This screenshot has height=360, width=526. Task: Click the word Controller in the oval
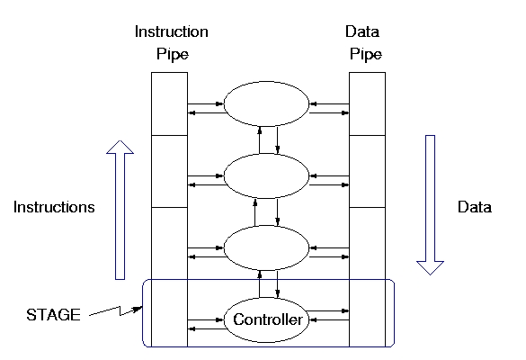tap(267, 319)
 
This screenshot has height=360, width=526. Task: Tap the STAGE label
tap(53, 315)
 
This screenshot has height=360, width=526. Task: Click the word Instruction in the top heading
tap(172, 31)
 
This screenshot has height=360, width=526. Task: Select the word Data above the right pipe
tap(362, 31)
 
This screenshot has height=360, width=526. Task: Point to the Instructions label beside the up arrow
tap(54, 207)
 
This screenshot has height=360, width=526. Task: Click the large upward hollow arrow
tap(120, 210)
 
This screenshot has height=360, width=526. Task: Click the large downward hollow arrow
tap(431, 205)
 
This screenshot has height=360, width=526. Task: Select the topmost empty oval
tap(266, 104)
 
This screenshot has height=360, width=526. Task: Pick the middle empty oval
tap(266, 176)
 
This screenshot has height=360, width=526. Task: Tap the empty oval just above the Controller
tap(266, 247)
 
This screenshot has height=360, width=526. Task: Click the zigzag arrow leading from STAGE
tap(116, 311)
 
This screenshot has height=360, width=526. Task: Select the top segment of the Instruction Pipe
tap(169, 103)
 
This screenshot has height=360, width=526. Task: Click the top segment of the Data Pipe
tap(368, 103)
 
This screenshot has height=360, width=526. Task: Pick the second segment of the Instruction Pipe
tap(169, 172)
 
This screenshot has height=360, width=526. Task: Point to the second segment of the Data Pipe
tap(368, 172)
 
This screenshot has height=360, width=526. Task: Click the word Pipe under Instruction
tap(173, 54)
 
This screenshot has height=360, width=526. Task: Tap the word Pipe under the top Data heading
tap(366, 54)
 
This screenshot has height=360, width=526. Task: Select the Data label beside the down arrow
tap(475, 207)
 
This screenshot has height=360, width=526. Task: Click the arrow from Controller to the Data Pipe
tap(327, 311)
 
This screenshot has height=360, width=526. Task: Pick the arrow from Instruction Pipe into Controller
tap(206, 320)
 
